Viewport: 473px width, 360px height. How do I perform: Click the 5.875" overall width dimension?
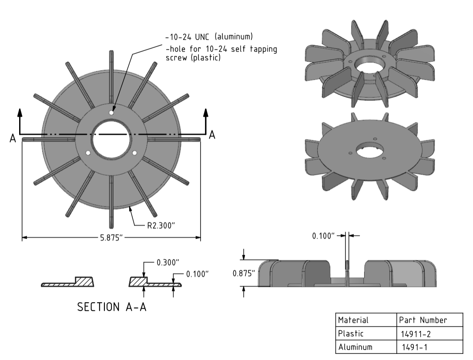tap(112, 238)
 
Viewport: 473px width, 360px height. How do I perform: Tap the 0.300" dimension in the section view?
tap(168, 263)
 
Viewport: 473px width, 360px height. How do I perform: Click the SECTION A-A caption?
tap(112, 307)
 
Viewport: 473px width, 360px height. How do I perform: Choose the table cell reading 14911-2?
tap(411, 334)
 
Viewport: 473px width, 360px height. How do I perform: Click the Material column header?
tap(353, 320)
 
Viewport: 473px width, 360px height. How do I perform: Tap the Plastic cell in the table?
tap(351, 334)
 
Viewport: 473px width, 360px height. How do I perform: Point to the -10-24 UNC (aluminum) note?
tap(209, 36)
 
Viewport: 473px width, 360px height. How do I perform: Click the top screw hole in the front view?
tap(112, 113)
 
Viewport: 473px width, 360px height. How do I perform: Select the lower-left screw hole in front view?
tap(88, 153)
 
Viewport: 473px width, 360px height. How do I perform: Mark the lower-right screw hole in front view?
tap(134, 153)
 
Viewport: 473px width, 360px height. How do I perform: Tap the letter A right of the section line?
tap(212, 135)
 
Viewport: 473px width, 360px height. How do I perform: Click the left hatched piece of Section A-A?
tap(68, 282)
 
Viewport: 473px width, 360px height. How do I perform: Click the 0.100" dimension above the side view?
tap(323, 236)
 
